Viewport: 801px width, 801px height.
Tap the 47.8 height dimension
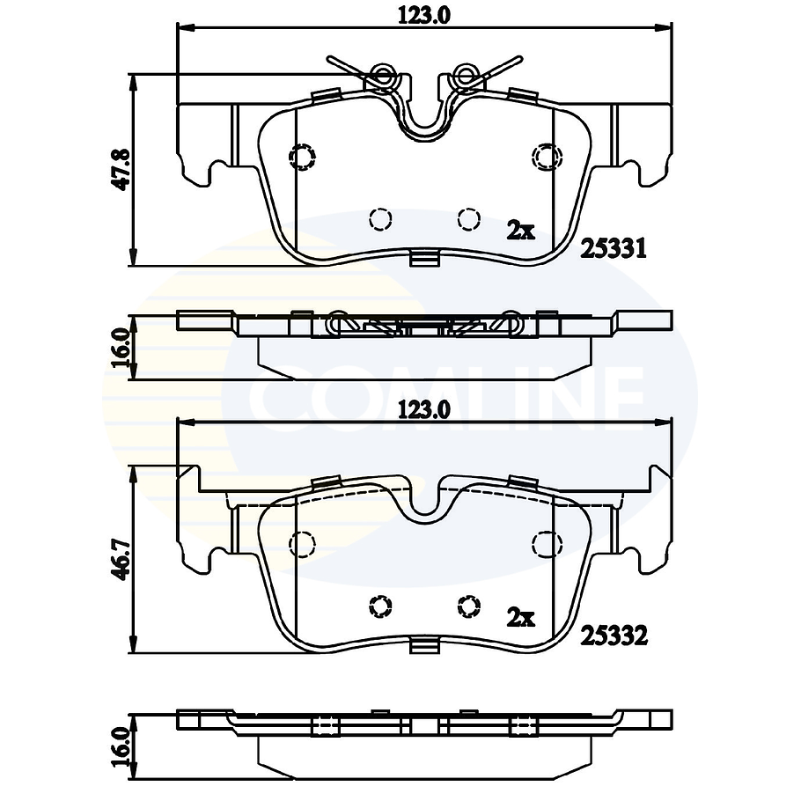point(123,169)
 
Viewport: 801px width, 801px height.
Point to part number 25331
point(614,249)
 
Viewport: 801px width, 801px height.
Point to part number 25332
point(614,635)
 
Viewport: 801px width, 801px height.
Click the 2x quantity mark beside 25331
point(520,231)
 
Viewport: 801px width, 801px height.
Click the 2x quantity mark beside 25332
point(520,617)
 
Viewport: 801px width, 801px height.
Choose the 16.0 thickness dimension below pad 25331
point(123,345)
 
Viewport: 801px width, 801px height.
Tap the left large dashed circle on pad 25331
point(302,156)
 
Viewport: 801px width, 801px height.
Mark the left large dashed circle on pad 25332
point(302,544)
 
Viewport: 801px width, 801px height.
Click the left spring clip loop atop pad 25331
point(383,77)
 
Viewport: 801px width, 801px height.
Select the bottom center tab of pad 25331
point(424,258)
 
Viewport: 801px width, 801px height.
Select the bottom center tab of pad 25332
point(424,647)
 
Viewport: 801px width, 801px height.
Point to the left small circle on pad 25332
point(380,606)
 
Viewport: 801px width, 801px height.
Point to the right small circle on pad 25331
point(467,218)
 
